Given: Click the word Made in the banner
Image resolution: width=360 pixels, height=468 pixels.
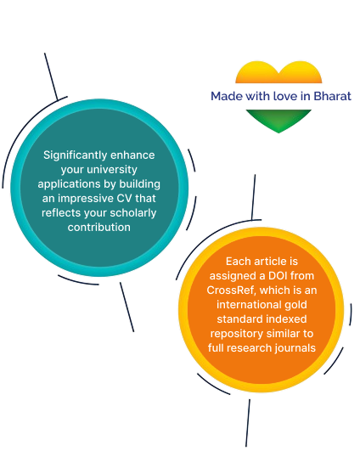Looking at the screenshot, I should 226,95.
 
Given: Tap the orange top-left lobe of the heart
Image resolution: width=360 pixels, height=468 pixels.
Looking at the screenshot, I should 251,72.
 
